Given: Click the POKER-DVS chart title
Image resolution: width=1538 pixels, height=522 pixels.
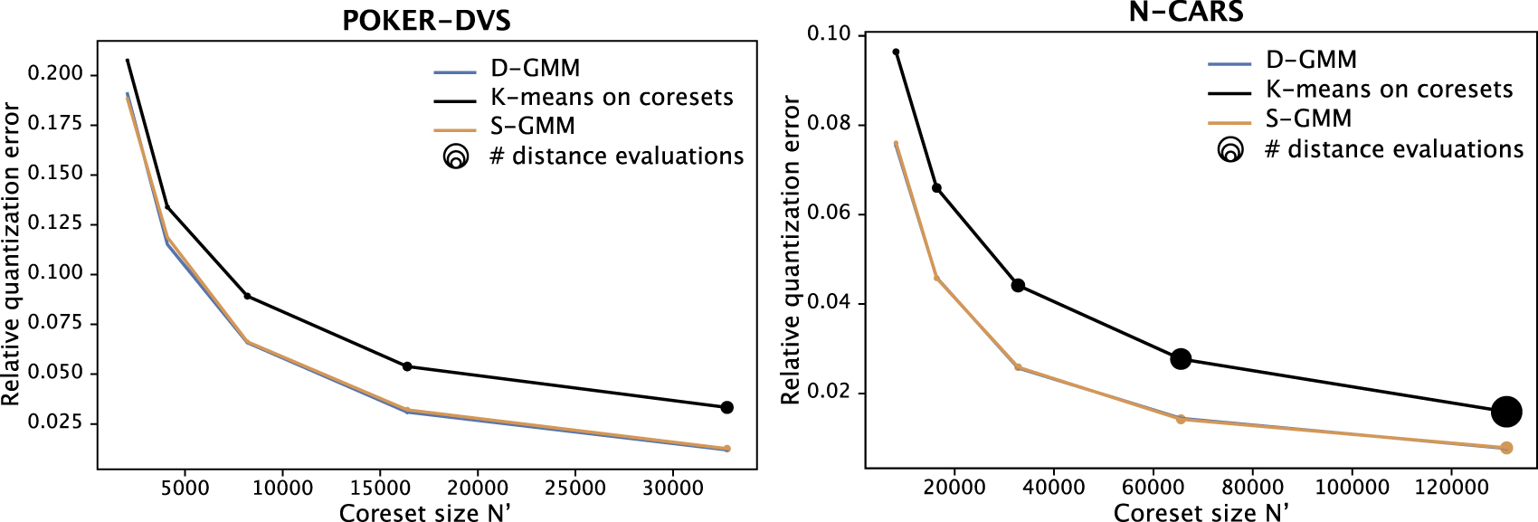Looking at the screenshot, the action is [x=426, y=21].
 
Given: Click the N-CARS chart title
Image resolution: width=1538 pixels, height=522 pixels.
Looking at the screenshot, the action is [x=1185, y=12].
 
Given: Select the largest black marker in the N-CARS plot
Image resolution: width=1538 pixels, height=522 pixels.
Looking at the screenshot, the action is [x=1506, y=412].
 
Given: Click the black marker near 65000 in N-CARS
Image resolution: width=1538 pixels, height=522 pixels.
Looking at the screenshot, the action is [x=1181, y=359].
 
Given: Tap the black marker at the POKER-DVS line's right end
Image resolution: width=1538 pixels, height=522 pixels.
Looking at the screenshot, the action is [x=726, y=408].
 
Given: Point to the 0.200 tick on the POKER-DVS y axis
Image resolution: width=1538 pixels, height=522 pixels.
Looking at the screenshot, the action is [x=55, y=73].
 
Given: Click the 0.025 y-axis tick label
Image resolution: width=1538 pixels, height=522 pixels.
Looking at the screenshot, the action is [x=55, y=422].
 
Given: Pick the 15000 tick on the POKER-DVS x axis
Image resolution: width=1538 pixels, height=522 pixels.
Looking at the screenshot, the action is [x=380, y=489].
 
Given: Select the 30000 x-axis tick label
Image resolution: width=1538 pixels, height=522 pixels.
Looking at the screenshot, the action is [x=672, y=489].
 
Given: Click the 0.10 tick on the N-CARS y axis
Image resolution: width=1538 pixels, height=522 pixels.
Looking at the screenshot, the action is [x=829, y=34].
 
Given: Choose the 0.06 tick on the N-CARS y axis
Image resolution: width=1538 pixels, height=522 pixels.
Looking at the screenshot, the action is [x=829, y=214].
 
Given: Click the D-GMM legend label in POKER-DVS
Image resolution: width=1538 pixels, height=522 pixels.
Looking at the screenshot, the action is [x=535, y=69].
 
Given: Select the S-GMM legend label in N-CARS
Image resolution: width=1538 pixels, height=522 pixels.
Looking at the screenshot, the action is [x=1308, y=119].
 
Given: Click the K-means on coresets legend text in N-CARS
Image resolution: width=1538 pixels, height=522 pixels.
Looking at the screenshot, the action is [x=1389, y=90].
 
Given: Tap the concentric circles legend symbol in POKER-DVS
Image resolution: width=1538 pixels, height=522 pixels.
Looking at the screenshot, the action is [x=456, y=157].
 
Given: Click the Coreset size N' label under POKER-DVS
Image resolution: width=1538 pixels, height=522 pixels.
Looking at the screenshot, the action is [x=424, y=512].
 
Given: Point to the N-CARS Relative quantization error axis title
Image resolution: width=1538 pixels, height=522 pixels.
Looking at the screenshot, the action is [x=791, y=251].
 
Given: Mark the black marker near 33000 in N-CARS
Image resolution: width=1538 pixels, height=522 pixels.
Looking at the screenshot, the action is [x=1018, y=286].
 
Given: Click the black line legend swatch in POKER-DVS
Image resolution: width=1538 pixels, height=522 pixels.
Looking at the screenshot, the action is [x=455, y=100].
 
